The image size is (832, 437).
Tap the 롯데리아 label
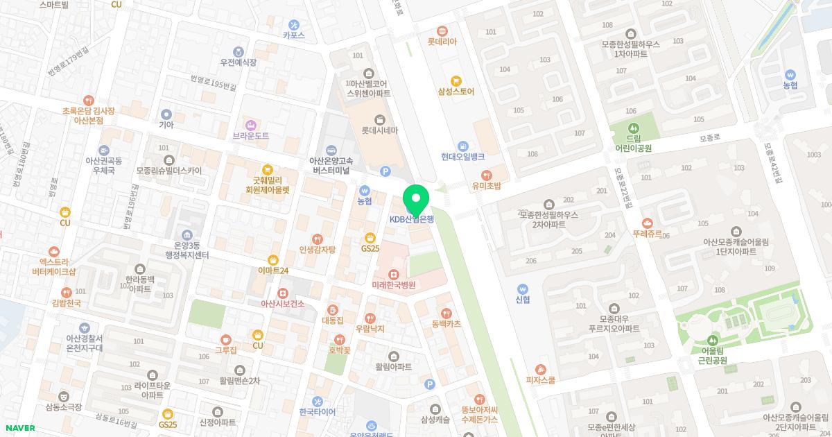click(x=442, y=42)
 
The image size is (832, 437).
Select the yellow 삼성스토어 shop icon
click(x=456, y=80)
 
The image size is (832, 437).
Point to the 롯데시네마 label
click(x=379, y=130)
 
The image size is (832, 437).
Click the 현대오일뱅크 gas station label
click(x=462, y=157)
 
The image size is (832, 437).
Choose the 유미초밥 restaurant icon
click(x=487, y=175)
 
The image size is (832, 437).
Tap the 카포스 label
click(x=293, y=35)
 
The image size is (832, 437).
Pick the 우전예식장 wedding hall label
click(x=238, y=62)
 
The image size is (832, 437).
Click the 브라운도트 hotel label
click(x=251, y=136)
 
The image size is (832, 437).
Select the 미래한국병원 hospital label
click(x=393, y=285)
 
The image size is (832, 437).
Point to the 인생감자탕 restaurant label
click(x=317, y=249)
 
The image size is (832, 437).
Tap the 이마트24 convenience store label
click(x=272, y=271)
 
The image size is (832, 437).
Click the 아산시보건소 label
click(x=282, y=304)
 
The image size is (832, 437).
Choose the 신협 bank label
click(x=522, y=300)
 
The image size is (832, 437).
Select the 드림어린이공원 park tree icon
click(x=633, y=128)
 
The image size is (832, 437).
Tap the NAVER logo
click(x=19, y=428)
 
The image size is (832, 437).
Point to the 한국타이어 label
click(x=317, y=411)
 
